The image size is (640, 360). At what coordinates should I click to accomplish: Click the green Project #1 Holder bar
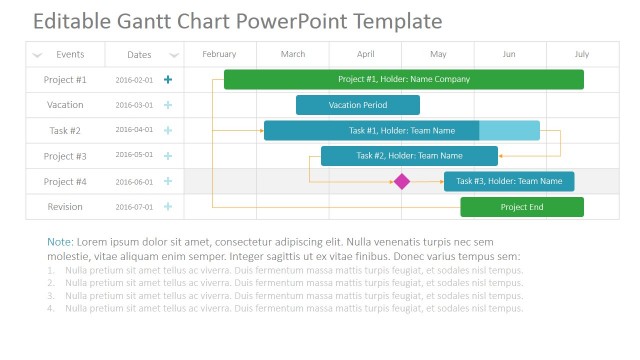403,79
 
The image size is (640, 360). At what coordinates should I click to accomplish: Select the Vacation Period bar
357,105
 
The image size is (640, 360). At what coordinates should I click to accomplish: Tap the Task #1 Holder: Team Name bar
401,130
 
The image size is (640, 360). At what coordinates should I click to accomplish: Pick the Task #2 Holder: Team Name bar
409,156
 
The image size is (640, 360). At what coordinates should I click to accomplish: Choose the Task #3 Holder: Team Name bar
509,181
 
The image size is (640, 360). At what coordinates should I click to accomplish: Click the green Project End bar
521,207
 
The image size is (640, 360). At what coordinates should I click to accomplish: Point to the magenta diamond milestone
402,181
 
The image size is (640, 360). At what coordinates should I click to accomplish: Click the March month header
293,54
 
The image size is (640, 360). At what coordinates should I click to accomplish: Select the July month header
582,54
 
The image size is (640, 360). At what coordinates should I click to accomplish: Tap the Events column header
70,54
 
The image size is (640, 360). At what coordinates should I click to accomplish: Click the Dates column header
140,54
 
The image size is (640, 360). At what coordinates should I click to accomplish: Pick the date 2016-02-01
134,80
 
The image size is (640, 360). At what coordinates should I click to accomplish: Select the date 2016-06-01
134,182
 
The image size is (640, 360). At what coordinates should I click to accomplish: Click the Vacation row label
65,105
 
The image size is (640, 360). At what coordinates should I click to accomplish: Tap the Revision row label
65,207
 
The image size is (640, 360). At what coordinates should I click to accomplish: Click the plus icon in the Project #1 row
168,79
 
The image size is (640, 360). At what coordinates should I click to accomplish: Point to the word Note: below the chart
60,242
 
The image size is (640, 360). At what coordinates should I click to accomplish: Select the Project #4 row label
65,182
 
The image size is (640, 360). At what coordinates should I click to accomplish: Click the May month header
438,54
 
